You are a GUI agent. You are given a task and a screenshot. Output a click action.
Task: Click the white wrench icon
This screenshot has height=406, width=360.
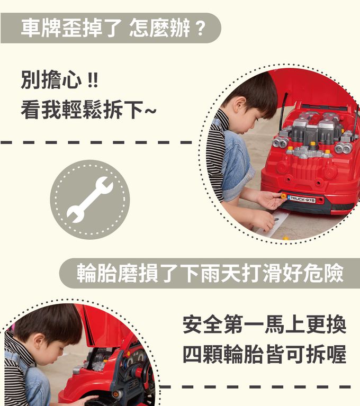89,200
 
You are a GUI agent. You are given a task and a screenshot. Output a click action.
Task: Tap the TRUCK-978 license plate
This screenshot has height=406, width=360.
301,200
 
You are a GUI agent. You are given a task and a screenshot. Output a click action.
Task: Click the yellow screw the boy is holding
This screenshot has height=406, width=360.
284,196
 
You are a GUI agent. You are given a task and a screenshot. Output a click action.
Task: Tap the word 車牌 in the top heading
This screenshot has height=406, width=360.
41,28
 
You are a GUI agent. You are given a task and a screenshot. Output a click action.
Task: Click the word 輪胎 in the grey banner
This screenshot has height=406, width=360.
96,273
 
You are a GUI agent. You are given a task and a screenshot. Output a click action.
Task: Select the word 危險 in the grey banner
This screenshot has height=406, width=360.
324,273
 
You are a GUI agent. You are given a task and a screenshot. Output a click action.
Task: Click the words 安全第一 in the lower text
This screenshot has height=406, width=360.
223,323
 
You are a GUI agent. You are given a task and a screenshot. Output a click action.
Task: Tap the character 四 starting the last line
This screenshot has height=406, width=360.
193,354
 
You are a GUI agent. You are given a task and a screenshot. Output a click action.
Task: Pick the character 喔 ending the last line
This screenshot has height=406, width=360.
336,354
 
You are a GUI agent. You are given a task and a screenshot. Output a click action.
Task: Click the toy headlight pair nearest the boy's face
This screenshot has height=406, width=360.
281,142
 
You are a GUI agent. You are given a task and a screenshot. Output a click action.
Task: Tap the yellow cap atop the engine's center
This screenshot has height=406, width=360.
313,143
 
